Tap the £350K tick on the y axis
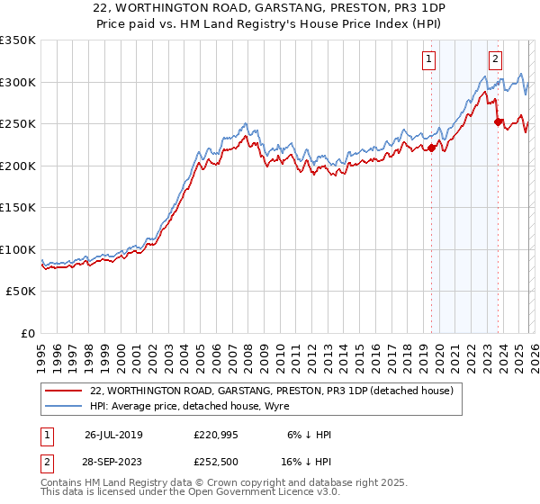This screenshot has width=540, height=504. pyautogui.click(x=18, y=40)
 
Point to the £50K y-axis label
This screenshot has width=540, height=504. pyautogui.click(x=21, y=292)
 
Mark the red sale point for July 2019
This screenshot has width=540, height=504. pyautogui.click(x=431, y=148)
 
